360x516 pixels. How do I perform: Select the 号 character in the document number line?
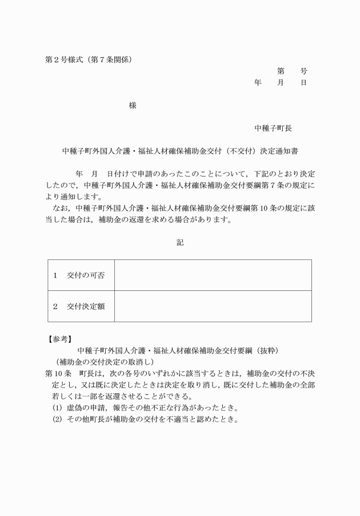pos(304,71)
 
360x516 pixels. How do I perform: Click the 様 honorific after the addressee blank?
pos(133,105)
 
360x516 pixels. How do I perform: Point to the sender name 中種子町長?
pos(273,128)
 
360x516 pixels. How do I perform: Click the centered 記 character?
pos(180,242)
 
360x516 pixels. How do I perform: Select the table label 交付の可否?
pos(86,275)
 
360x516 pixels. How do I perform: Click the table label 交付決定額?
pos(86,306)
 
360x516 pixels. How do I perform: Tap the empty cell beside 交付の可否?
pos(213,275)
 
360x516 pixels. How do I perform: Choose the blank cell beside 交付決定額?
pos(213,306)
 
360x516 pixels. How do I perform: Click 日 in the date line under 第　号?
pos(304,82)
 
